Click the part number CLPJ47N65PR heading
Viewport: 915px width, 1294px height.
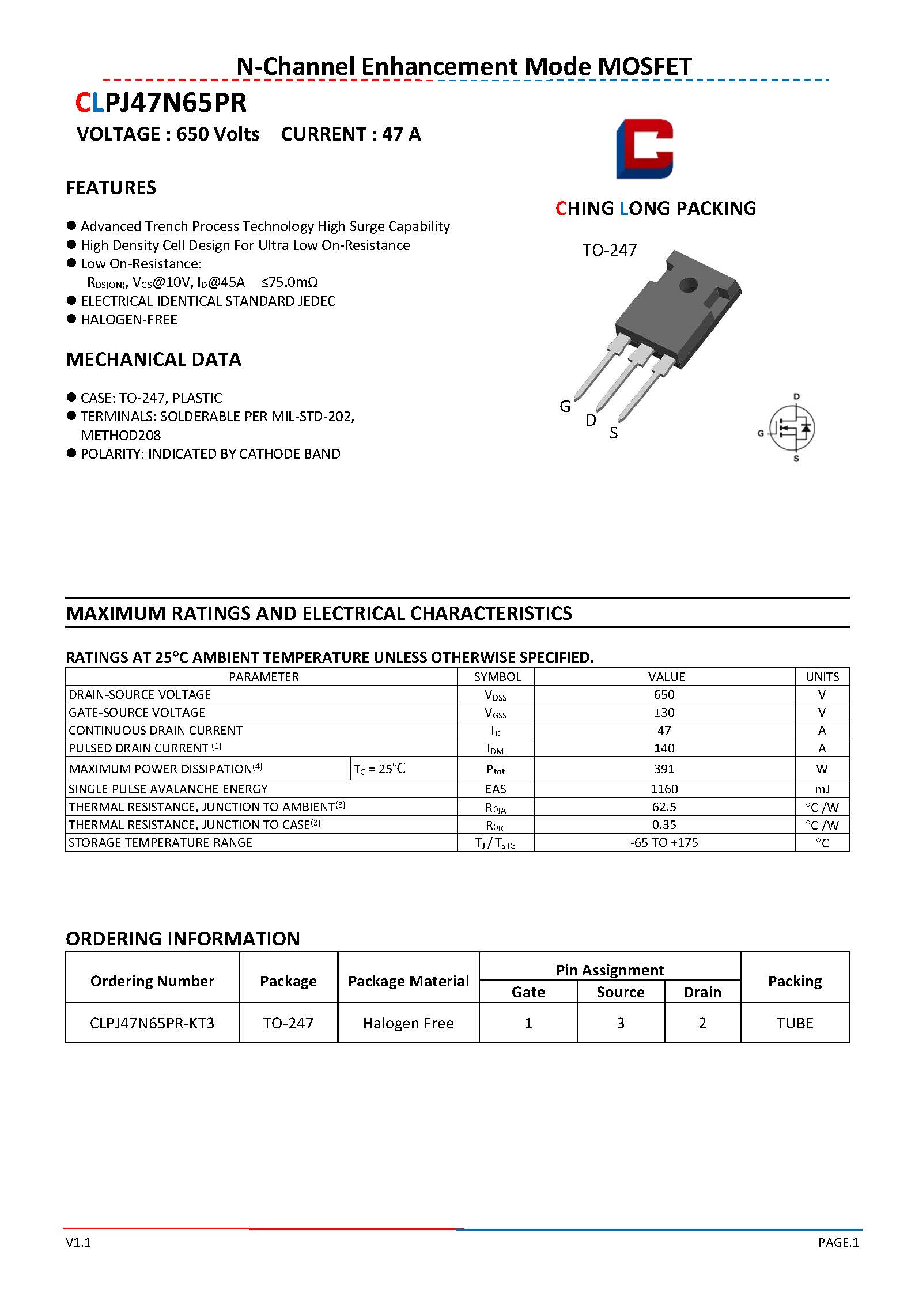pos(161,103)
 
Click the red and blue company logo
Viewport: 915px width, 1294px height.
pos(644,149)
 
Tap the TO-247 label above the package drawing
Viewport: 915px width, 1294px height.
pos(609,250)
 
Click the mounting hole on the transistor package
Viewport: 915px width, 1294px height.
pos(688,284)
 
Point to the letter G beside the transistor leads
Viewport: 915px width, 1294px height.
pos(565,407)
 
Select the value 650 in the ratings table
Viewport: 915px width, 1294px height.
pos(664,694)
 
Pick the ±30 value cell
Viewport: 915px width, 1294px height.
pos(664,712)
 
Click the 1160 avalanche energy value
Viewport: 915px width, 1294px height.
pos(664,789)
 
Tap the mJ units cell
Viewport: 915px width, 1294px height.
pos(822,789)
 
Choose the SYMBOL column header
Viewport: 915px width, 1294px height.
pos(497,676)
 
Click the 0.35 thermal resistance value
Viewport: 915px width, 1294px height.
pos(664,824)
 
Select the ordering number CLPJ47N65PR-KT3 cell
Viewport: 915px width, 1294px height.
pos(152,1023)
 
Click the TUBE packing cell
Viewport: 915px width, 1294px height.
pos(795,1023)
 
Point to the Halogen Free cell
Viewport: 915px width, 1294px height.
pos(408,1023)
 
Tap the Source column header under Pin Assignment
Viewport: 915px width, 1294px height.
pos(620,992)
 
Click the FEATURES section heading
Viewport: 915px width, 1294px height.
pos(111,188)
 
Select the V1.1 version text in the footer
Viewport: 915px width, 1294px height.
pos(78,1243)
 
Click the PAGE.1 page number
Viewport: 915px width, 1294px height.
pos(838,1243)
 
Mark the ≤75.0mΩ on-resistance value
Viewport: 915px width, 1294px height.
pos(289,282)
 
